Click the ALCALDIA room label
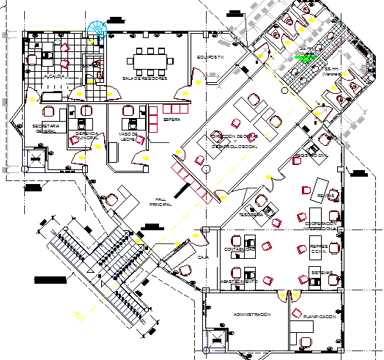tap(56, 76)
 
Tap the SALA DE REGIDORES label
tap(145, 78)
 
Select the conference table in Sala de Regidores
tap(149, 59)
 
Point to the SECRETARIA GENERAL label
tap(45, 129)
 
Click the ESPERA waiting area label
tap(171, 118)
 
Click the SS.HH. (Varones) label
tap(334, 71)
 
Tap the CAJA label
tap(204, 258)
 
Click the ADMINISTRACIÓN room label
tap(251, 314)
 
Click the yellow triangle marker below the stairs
tap(77, 315)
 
